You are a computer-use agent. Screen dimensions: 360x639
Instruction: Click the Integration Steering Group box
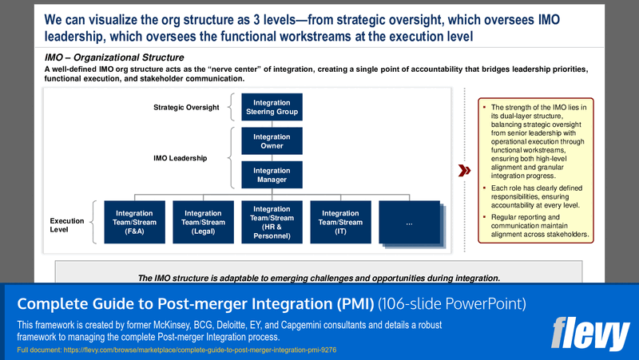272,107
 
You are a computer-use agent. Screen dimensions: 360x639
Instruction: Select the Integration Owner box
272,142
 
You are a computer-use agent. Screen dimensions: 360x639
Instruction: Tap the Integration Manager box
272,176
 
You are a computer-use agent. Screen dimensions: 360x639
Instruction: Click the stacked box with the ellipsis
410,222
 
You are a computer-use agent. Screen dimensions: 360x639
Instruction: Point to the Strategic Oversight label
187,107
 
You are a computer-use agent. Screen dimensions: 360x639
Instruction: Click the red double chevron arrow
463,171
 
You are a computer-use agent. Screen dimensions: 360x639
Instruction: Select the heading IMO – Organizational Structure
114,57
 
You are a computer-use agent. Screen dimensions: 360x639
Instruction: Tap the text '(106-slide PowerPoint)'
452,304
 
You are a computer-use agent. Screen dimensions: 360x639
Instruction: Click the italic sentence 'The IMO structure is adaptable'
319,278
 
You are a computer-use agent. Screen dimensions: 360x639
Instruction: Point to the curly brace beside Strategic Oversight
232,107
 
